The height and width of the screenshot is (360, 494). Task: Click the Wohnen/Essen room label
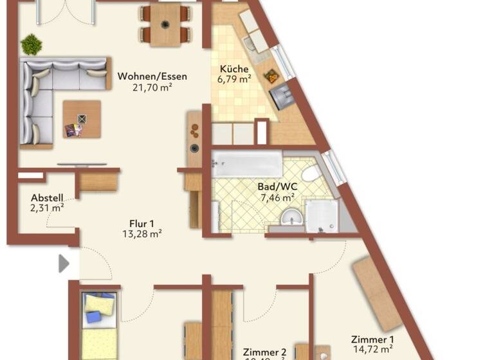point(152,76)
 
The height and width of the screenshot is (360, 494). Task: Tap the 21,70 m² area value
point(152,87)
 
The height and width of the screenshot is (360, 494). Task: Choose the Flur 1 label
point(140,223)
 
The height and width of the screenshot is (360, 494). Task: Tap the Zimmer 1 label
point(372,339)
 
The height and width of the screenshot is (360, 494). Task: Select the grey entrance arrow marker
point(64,264)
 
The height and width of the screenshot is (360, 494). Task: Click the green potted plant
point(31,44)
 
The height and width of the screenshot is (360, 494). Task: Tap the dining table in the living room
point(166,25)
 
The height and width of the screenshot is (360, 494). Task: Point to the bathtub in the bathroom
point(247,164)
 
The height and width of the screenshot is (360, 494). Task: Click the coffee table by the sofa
point(82,119)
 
